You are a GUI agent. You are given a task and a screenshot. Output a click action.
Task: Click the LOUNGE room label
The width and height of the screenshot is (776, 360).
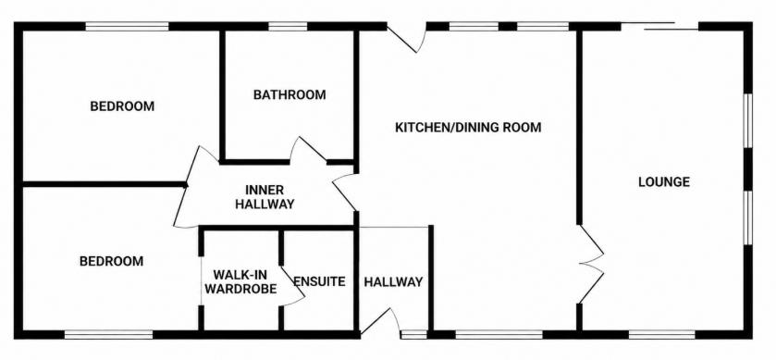pos(664,181)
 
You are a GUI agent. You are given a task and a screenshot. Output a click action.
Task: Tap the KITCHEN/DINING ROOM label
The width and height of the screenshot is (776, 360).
pos(468,128)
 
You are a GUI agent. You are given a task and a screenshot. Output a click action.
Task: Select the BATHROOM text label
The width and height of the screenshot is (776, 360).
pos(289,94)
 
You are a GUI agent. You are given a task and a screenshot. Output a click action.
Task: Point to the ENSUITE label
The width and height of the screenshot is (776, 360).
pos(319,281)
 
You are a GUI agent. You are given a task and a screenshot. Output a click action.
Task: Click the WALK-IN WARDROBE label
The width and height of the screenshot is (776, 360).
pos(240,281)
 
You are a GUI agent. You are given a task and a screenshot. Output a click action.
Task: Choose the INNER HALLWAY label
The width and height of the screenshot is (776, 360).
pos(265,196)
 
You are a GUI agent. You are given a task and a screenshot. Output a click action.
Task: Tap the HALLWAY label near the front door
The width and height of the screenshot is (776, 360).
pos(393,281)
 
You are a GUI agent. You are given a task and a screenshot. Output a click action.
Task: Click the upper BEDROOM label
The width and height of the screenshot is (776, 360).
pos(122,106)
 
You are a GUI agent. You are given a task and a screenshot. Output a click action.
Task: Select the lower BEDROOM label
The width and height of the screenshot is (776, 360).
pos(111,261)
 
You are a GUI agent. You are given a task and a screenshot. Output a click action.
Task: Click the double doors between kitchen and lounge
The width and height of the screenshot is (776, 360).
pos(591,264)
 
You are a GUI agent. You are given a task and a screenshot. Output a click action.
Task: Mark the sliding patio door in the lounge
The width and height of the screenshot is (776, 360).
pos(659,26)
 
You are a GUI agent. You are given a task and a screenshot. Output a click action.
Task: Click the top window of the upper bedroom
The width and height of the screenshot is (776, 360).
pos(128,26)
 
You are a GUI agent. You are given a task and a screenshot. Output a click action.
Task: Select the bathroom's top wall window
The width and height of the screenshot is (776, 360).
pos(288,26)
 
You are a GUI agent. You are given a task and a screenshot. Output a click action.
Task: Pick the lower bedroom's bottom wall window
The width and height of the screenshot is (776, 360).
pos(108,335)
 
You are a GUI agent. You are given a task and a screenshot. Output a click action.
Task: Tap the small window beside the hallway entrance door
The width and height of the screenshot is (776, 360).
pos(413,335)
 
